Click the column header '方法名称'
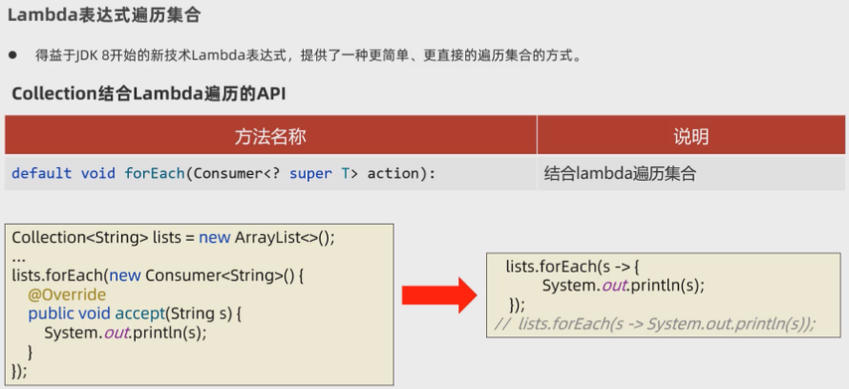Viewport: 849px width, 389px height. [270, 137]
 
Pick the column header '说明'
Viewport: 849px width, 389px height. [690, 137]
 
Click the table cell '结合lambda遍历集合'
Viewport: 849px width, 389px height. [621, 173]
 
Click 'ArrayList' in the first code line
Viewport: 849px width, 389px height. [270, 237]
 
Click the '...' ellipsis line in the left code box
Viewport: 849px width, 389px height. [18, 257]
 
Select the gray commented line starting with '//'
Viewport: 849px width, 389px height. [655, 323]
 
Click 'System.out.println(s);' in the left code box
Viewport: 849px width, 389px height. [125, 333]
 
